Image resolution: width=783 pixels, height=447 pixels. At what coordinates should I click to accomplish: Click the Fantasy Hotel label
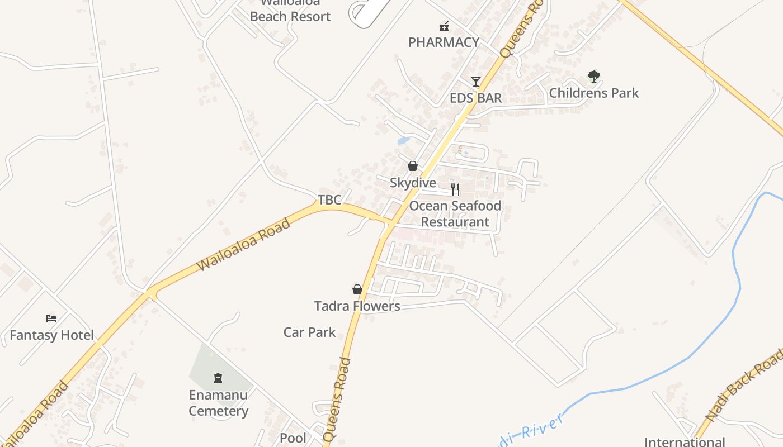pyautogui.click(x=52, y=336)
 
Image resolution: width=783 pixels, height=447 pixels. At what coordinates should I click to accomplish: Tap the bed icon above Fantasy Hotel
pyautogui.click(x=51, y=318)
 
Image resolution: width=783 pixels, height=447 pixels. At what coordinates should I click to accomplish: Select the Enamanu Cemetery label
pyautogui.click(x=218, y=403)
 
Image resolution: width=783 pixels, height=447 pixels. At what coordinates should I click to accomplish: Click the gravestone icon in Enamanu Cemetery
pyautogui.click(x=218, y=378)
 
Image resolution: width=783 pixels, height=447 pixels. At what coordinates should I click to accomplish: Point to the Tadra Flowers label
pyautogui.click(x=357, y=306)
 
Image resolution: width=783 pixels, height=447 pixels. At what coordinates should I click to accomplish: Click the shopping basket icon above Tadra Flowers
pyautogui.click(x=357, y=289)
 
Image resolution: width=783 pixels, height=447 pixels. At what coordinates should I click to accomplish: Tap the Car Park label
pyautogui.click(x=309, y=332)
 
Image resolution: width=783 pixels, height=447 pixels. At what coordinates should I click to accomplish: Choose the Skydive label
pyautogui.click(x=413, y=183)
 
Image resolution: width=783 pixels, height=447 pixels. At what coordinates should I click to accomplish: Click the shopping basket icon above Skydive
pyautogui.click(x=413, y=166)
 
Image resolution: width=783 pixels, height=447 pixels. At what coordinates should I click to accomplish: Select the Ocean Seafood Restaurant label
pyautogui.click(x=455, y=214)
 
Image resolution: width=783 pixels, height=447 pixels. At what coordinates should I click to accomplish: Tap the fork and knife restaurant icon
pyautogui.click(x=455, y=189)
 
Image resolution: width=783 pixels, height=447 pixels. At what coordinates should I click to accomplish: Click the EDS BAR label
pyautogui.click(x=476, y=98)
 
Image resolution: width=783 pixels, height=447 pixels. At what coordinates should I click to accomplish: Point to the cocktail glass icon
pyautogui.click(x=476, y=82)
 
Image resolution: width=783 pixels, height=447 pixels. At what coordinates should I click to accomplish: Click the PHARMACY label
pyautogui.click(x=444, y=42)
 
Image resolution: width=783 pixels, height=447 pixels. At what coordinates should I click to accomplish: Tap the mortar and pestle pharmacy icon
pyautogui.click(x=444, y=26)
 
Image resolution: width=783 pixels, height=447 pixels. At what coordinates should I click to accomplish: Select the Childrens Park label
pyautogui.click(x=594, y=93)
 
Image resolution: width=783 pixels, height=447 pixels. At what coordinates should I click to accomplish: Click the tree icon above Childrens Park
pyautogui.click(x=594, y=76)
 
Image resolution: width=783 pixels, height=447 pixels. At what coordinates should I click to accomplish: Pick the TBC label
pyautogui.click(x=329, y=199)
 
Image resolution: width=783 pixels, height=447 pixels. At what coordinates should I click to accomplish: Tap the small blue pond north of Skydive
pyautogui.click(x=403, y=141)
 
